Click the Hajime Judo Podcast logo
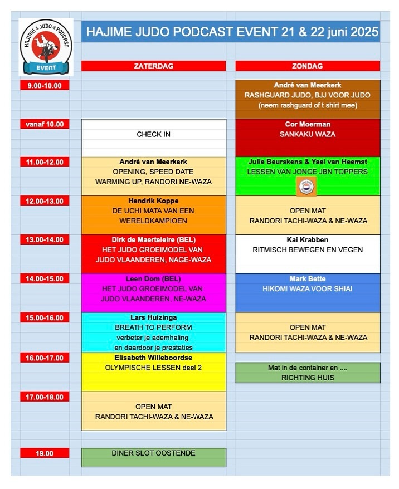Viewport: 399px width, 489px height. tap(46, 47)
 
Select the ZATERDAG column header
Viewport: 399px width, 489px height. tap(153, 66)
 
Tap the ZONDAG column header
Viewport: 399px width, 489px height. tap(308, 66)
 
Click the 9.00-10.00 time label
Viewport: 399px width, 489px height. tap(45, 85)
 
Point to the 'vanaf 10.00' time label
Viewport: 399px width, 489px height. tap(45, 124)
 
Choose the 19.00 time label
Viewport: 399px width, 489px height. tap(45, 453)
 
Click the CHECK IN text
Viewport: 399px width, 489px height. tap(153, 134)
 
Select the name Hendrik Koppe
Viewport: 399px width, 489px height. tap(153, 201)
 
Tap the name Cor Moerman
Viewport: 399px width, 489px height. tap(308, 124)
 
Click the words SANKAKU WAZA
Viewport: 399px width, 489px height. tap(308, 134)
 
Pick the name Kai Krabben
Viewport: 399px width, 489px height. tap(308, 240)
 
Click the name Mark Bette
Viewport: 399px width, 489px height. tap(308, 279)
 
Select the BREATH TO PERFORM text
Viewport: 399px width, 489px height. tap(153, 327)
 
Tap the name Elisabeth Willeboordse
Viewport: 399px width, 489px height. tap(153, 358)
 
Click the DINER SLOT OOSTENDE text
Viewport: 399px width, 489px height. tap(153, 453)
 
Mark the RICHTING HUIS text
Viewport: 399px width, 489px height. tap(308, 377)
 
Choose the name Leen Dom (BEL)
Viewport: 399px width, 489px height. tap(153, 279)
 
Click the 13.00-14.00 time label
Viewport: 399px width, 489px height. tap(45, 240)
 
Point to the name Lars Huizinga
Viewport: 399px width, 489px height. tap(153, 317)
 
